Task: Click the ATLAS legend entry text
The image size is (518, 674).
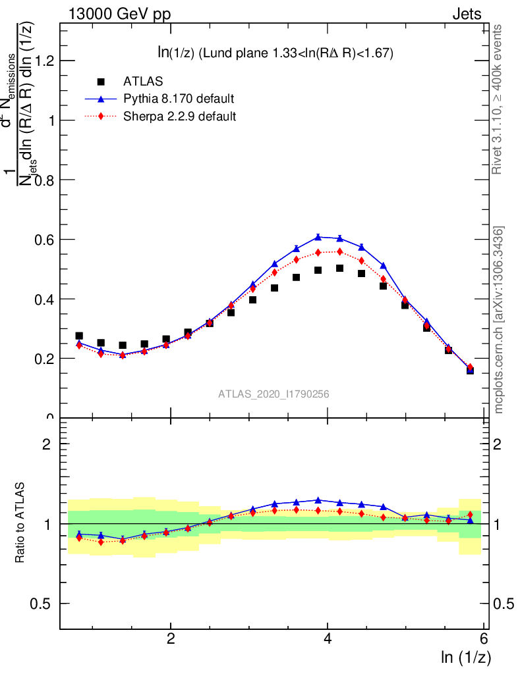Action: pyautogui.click(x=143, y=82)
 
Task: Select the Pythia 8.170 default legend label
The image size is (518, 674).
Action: pyautogui.click(x=179, y=99)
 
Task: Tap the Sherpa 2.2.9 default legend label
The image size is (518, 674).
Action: pyautogui.click(x=180, y=117)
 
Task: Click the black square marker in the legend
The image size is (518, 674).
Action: pyautogui.click(x=101, y=82)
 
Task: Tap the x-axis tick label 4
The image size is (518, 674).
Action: pyautogui.click(x=328, y=639)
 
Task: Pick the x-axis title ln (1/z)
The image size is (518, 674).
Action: pyautogui.click(x=466, y=657)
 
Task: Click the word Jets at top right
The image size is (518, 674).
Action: pyautogui.click(x=467, y=14)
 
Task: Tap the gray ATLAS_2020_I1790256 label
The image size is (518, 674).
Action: pyautogui.click(x=274, y=394)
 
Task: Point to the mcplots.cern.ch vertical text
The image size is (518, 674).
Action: pyautogui.click(x=500, y=320)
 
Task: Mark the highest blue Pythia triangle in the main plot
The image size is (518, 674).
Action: pyautogui.click(x=318, y=236)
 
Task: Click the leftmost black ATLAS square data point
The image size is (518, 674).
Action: pyautogui.click(x=79, y=336)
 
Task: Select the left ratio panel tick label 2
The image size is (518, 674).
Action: pyautogui.click(x=47, y=444)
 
